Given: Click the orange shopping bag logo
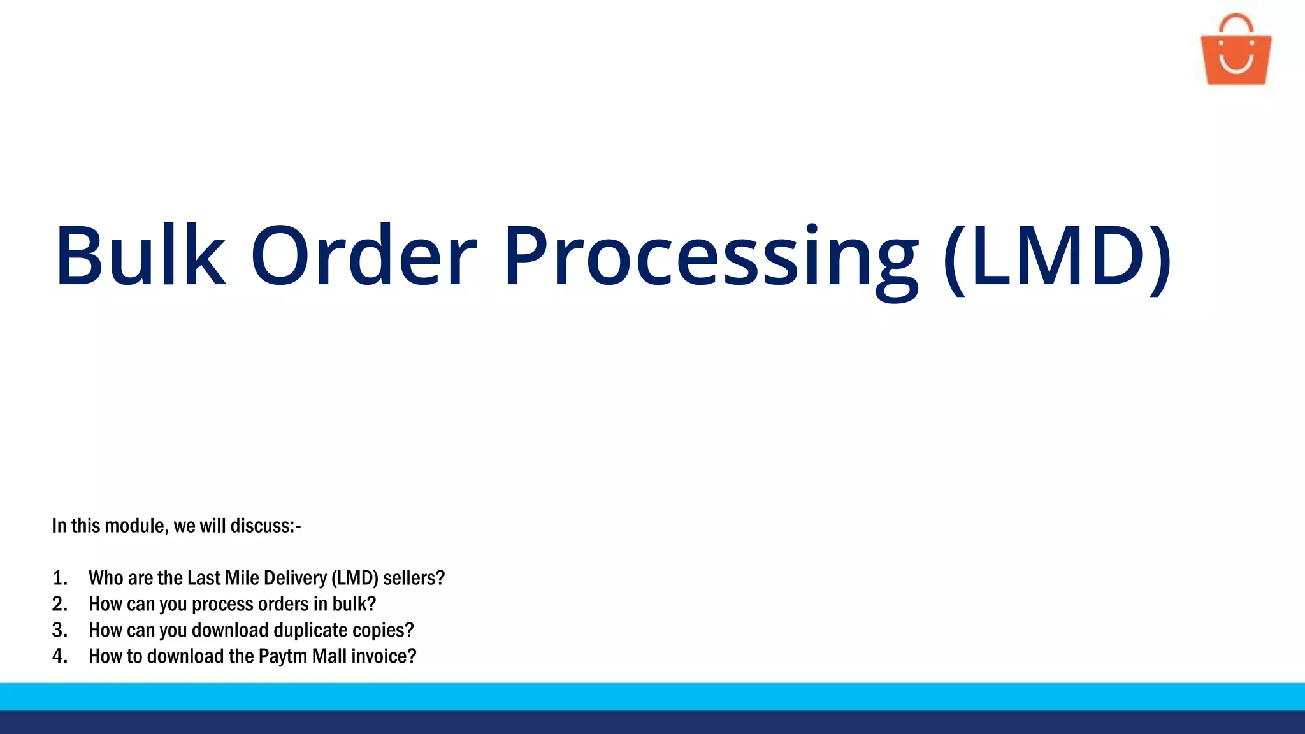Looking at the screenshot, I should pyautogui.click(x=1236, y=54).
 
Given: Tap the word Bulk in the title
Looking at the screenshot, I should pyautogui.click(x=140, y=255).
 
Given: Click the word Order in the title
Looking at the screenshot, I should pyautogui.click(x=364, y=255).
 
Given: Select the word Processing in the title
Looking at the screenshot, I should pyautogui.click(x=710, y=258).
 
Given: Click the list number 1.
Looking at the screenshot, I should pyautogui.click(x=60, y=578).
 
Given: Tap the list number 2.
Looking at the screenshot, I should pyautogui.click(x=60, y=604).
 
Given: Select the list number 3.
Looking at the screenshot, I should pyautogui.click(x=60, y=630).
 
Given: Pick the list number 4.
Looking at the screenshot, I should pyautogui.click(x=60, y=656).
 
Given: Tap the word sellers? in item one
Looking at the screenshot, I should pyautogui.click(x=414, y=578).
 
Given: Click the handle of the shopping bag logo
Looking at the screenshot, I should pyautogui.click(x=1236, y=22).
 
